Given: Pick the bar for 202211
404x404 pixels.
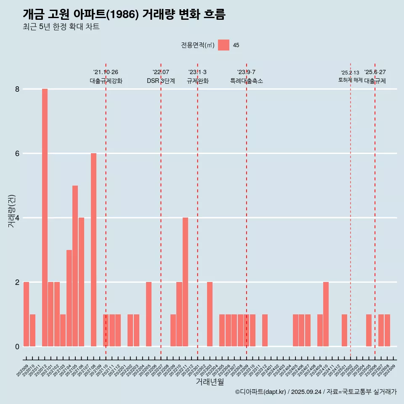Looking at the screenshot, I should coord(185,282).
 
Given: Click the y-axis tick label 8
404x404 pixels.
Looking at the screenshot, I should coord(17,89).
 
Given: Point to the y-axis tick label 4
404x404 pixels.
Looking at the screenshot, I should coord(17,218).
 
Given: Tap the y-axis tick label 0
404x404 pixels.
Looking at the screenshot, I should coord(17,347).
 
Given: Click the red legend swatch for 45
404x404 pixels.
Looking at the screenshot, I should coord(223,45).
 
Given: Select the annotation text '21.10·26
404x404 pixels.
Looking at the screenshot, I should coord(106,72).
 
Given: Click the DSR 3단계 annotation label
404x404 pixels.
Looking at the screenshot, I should coord(161,81).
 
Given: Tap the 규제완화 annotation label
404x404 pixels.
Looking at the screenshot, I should coord(197,81).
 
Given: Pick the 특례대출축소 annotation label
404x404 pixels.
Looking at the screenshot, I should coord(247,81).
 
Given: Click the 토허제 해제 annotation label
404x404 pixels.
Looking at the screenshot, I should coord(350,80).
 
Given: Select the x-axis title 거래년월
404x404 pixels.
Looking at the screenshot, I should coord(210,382).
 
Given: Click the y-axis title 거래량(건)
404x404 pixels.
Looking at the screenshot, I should coord(11,210).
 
